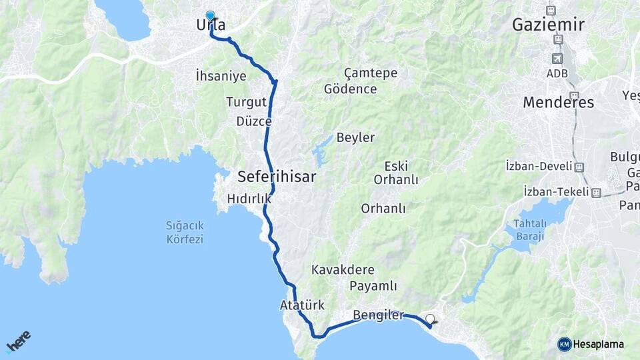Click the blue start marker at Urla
point(211,15)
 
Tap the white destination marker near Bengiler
point(430,319)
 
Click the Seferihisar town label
point(277,177)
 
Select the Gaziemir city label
point(548,25)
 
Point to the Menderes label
point(558,103)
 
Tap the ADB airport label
point(558,73)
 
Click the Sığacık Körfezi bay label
point(185,232)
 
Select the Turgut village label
point(246,102)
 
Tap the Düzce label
point(254,121)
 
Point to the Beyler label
point(355,137)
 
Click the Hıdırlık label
point(249,198)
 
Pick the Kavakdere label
point(343,270)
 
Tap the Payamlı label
point(374,286)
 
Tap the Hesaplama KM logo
point(591,344)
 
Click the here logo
point(18,341)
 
